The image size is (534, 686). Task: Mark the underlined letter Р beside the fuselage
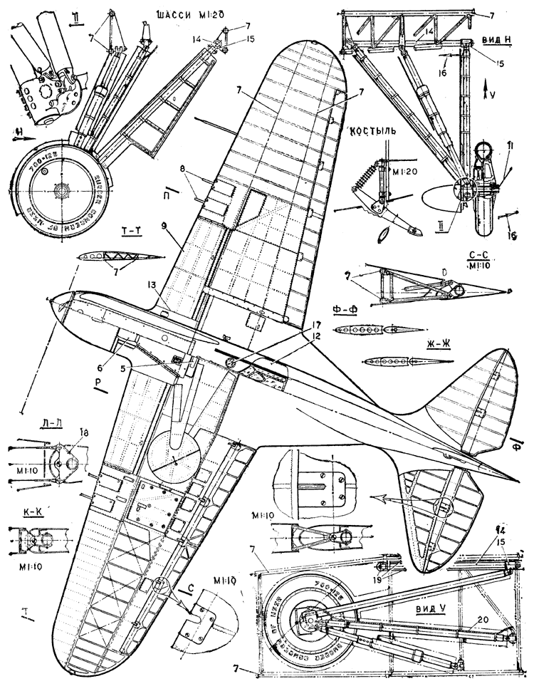pyautogui.click(x=100, y=382)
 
